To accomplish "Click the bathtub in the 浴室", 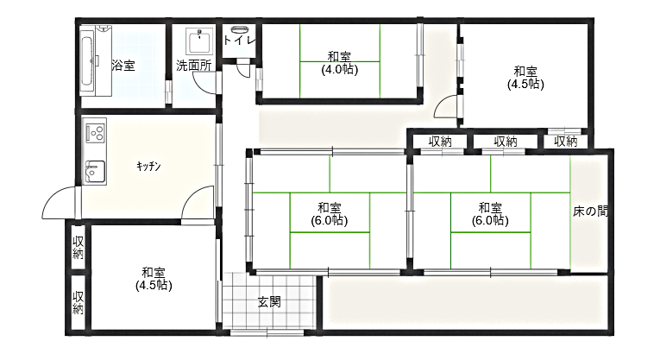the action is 89,61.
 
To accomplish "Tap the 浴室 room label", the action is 123,66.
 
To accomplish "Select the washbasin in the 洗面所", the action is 200,41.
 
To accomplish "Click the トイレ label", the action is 239,41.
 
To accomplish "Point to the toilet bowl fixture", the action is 239,29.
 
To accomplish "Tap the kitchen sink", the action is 95,172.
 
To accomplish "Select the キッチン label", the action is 148,167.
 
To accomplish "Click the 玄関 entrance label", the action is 269,301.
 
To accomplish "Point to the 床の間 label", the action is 591,212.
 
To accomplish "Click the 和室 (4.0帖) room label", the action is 340,63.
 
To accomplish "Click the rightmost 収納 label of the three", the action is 566,142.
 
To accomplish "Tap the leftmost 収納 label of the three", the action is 440,142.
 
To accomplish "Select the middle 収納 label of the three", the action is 506,142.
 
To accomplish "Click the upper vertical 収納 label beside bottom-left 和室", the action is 79,248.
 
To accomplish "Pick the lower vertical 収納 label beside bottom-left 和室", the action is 79,302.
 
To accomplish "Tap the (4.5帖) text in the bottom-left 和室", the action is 154,285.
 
